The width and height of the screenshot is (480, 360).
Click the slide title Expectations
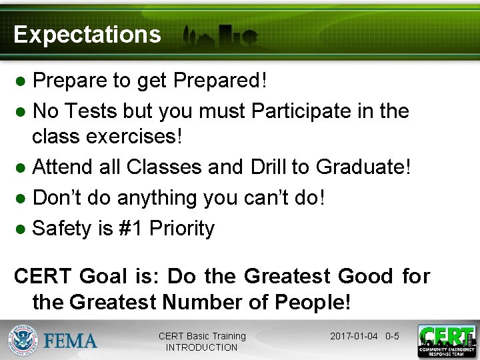click(x=87, y=35)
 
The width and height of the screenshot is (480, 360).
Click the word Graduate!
click(x=363, y=167)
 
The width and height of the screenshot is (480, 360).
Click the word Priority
click(x=182, y=228)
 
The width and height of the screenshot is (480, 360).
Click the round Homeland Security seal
click(x=23, y=340)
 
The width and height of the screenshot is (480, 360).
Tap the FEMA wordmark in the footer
click(x=71, y=341)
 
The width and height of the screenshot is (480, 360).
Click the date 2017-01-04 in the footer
click(x=354, y=336)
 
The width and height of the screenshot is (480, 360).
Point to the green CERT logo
click(x=447, y=341)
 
